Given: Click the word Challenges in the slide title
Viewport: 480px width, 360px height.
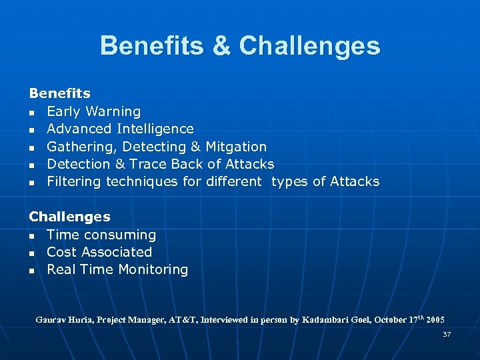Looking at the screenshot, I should pyautogui.click(x=309, y=46).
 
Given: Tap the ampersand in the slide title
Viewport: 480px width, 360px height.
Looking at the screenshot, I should pyautogui.click(x=221, y=46).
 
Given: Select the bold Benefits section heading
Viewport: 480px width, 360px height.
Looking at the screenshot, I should pyautogui.click(x=59, y=94).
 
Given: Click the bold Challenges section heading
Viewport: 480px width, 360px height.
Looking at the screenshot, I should pyautogui.click(x=69, y=217).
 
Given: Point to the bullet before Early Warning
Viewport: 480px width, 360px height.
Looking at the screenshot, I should pyautogui.click(x=32, y=112).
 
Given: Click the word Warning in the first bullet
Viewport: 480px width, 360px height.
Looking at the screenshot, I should pyautogui.click(x=113, y=111).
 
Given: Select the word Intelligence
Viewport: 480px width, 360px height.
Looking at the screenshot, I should pyautogui.click(x=155, y=129).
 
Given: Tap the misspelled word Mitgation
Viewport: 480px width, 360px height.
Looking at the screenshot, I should pyautogui.click(x=236, y=147).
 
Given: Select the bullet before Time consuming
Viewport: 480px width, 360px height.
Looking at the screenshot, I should pyautogui.click(x=32, y=235).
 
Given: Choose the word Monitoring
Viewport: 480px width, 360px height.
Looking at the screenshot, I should pyautogui.click(x=152, y=269).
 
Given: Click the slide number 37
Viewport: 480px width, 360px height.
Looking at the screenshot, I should pyautogui.click(x=447, y=334).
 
